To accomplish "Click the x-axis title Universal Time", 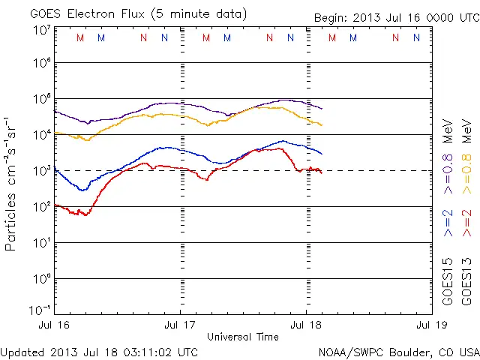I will point(242,337).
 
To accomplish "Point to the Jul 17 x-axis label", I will point(181,326).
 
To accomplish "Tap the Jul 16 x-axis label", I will point(55,326).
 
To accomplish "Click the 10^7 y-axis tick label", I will point(41,29).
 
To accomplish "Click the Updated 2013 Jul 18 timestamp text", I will point(100,352).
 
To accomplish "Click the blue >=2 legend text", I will point(448,223).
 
